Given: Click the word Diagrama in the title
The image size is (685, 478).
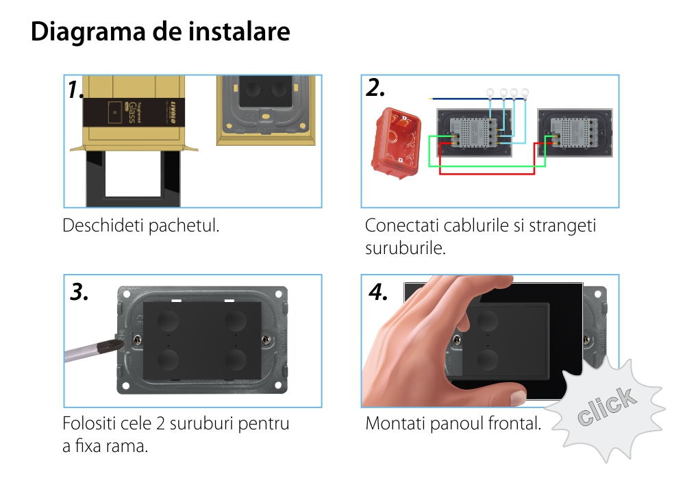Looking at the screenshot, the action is pos(88,32).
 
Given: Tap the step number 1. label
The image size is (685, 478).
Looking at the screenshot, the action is pos(75,90).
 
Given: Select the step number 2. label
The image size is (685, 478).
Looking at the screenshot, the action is pos(375,88).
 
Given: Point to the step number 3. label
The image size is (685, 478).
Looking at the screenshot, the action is pos(79,292).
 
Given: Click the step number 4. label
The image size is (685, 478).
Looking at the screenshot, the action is pos(378,292).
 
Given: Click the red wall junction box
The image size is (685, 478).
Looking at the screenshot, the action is pos(395,143).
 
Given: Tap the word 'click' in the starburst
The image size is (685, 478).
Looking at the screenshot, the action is pos(606,405).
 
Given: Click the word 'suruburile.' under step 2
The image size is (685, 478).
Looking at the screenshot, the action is pos(406,248).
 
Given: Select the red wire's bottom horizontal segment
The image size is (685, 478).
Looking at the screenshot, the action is pos(486,173).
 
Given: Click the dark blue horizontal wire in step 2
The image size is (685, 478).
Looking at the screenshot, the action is pos(458,99).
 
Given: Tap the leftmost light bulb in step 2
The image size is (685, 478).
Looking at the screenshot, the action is pos(490,92).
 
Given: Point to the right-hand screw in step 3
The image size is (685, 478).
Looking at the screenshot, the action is pos(266,340).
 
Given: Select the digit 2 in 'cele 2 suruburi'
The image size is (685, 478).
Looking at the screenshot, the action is pos(160,423).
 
